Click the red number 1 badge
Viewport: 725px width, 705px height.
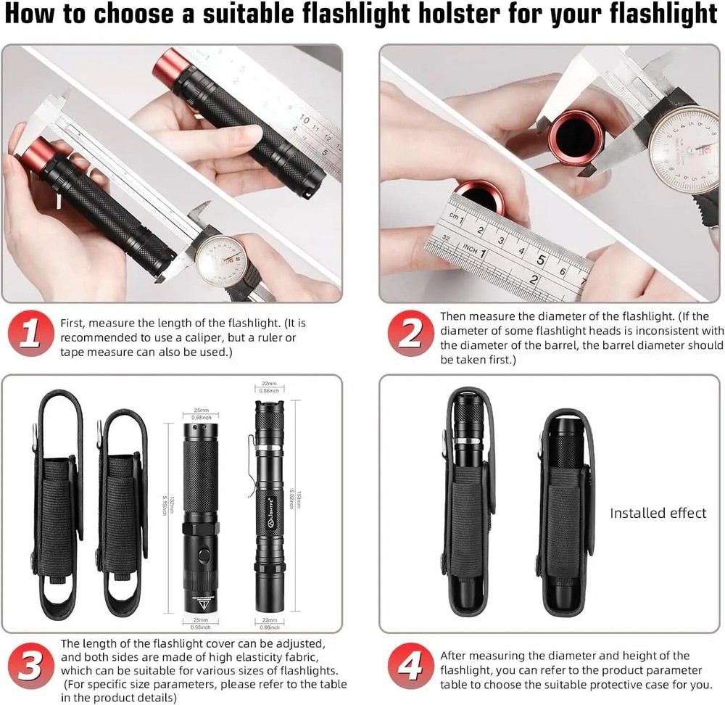point(30,335)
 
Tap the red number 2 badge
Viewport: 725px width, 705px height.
point(410,334)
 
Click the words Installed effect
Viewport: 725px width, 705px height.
point(658,514)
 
